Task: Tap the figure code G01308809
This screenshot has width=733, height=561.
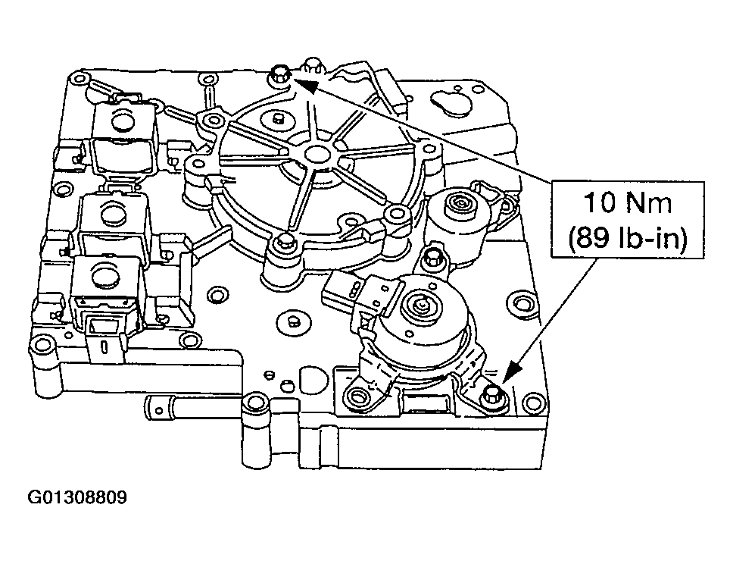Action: coord(77,498)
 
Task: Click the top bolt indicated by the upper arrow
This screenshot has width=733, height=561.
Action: coord(279,74)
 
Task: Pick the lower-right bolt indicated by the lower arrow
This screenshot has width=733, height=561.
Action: coord(493,393)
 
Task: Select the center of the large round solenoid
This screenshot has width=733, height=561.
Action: coord(419,307)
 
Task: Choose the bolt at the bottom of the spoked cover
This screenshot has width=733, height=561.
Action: coord(285,243)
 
